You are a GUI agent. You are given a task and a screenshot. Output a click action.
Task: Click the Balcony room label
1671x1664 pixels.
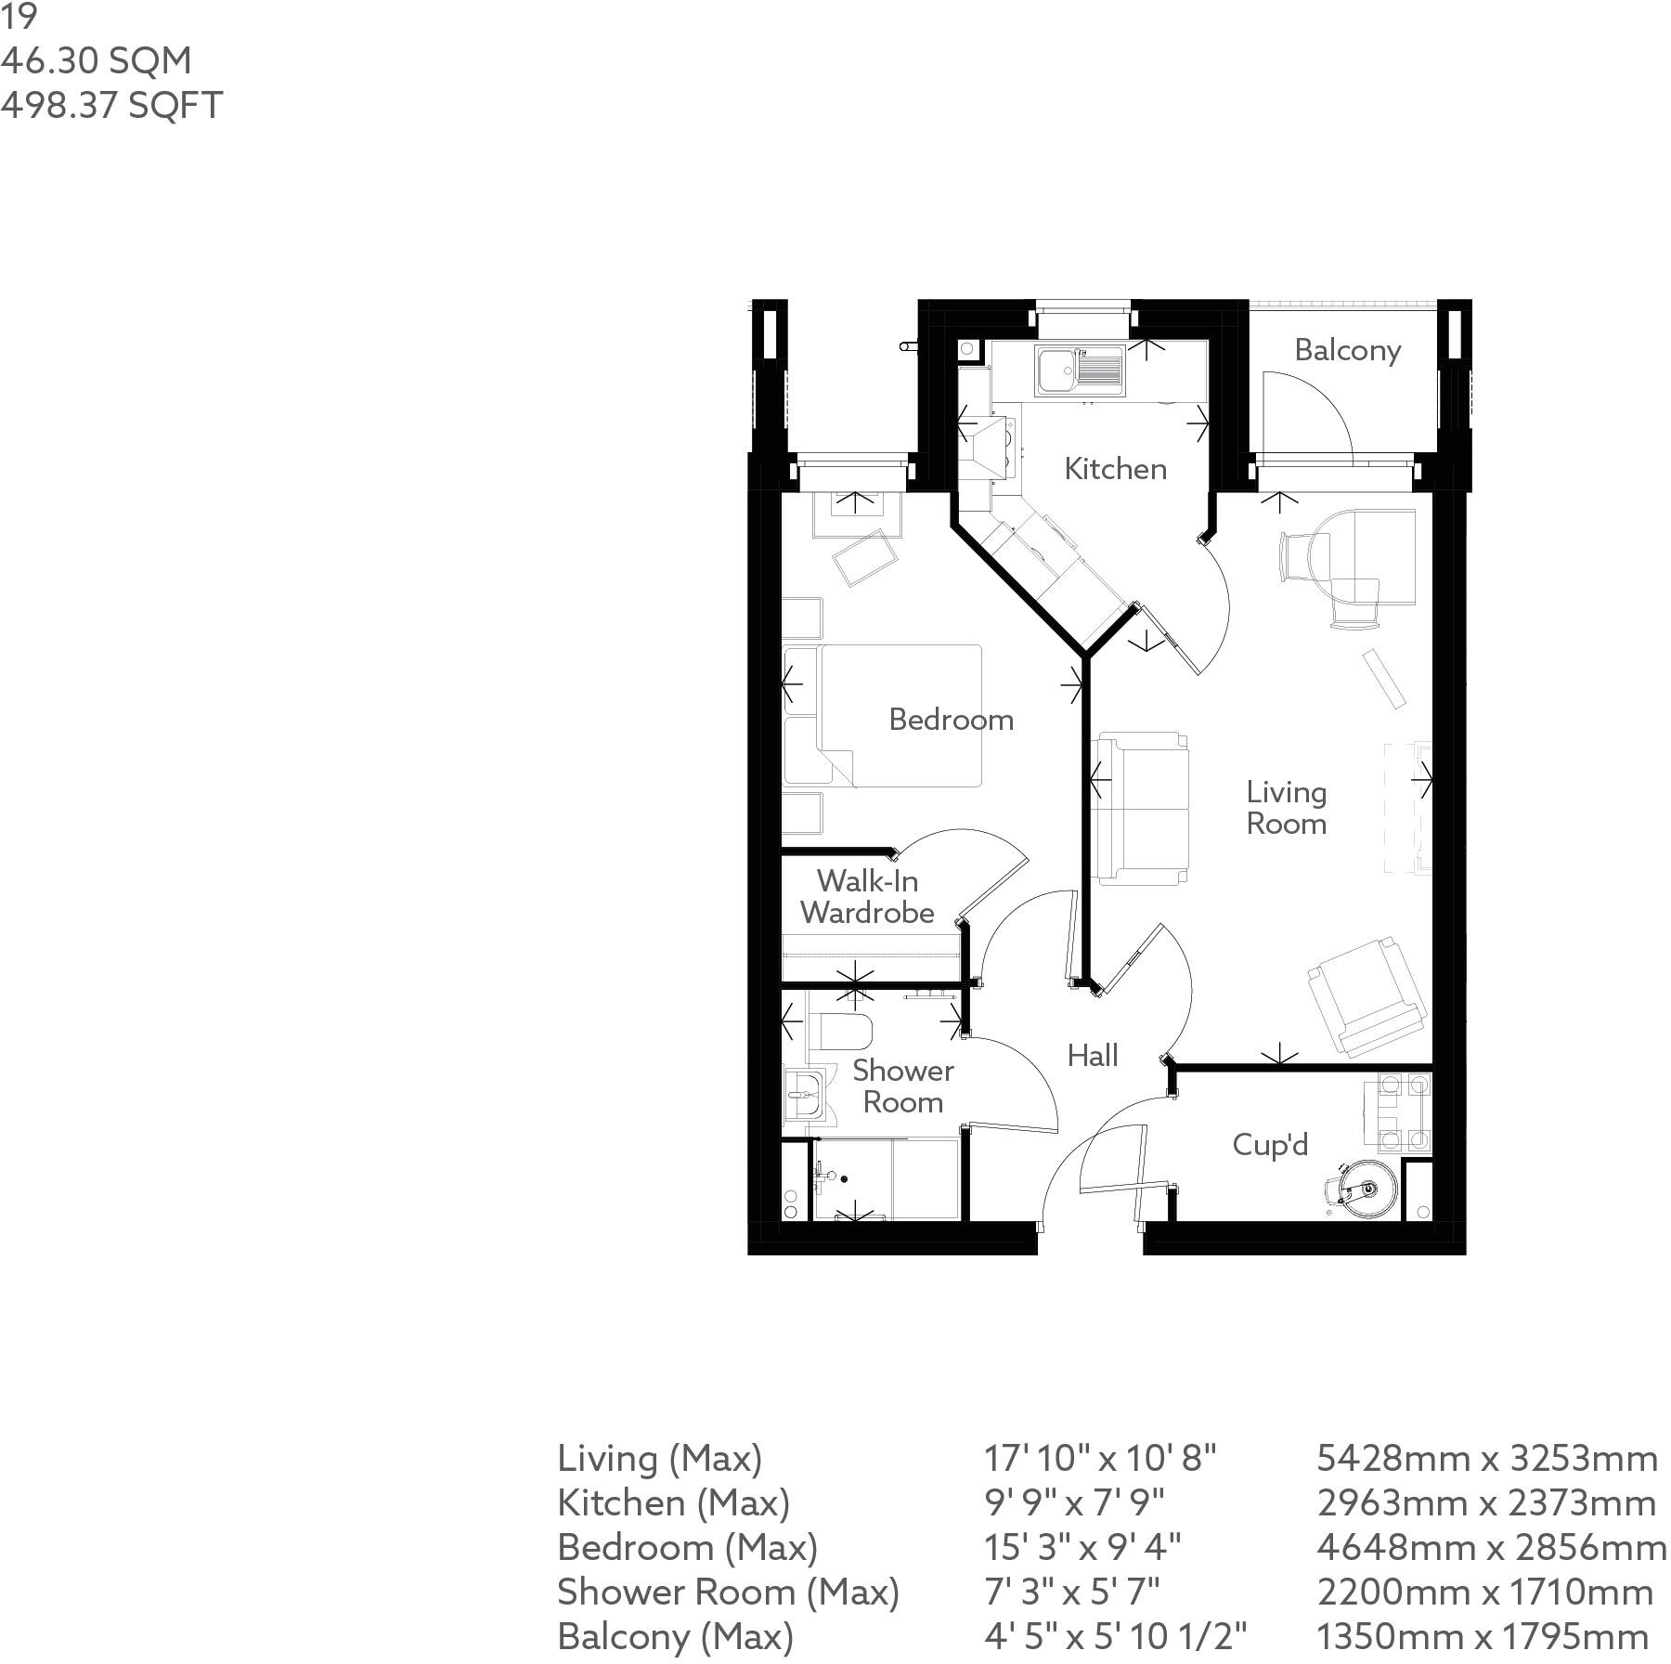coord(1347,350)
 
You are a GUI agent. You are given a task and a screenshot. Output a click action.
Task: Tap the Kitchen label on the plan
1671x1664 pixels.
coord(1115,469)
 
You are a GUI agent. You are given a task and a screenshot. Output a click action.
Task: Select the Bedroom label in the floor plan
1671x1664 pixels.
coord(951,720)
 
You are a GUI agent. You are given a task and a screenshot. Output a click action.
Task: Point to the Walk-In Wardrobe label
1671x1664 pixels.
coord(867,897)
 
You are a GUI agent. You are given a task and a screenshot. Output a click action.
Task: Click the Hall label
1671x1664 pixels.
coord(1093,1056)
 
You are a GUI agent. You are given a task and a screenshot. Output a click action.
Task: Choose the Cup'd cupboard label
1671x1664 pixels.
coord(1270,1145)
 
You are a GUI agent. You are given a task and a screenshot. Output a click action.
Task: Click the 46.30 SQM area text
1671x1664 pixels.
coord(97,61)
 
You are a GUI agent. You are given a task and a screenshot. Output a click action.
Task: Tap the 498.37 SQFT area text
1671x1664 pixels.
coord(111,106)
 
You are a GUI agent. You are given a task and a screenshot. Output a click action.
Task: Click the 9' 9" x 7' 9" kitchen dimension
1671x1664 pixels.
coord(1074,1503)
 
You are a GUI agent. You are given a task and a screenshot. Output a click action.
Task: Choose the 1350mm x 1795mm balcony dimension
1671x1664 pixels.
coord(1483,1637)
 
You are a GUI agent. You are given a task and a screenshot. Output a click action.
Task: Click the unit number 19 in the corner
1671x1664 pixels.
coord(19,17)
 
